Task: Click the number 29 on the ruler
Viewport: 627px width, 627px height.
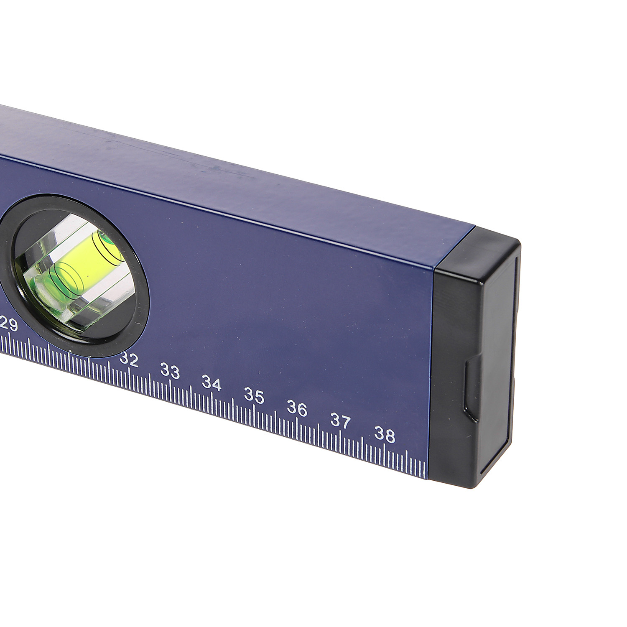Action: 10,324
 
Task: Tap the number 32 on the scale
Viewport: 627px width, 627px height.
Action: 129,359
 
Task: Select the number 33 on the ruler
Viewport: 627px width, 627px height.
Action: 170,371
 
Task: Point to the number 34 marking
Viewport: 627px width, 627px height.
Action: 212,383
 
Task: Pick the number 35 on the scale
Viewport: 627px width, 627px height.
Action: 254,396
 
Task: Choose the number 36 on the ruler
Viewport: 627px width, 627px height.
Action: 297,408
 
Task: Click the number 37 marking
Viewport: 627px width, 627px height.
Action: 340,421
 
